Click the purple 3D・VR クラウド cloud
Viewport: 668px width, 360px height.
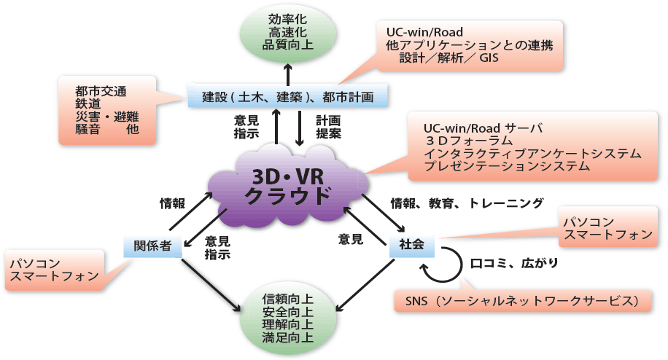click(288, 187)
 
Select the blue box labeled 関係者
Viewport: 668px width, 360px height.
click(152, 246)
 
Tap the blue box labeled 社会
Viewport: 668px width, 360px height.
click(411, 245)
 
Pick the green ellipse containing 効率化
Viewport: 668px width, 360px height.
click(288, 32)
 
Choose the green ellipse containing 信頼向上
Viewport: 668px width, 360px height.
click(288, 318)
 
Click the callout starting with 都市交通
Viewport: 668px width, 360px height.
click(107, 110)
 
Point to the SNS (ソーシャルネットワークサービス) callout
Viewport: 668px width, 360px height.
click(523, 301)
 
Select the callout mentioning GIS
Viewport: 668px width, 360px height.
click(470, 45)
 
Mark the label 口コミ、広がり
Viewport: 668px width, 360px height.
click(514, 264)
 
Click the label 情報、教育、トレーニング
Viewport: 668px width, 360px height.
click(467, 203)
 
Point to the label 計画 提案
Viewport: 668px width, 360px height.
click(328, 127)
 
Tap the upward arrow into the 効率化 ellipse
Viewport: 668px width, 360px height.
click(288, 74)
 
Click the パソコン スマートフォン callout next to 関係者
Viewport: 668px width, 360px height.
click(55, 270)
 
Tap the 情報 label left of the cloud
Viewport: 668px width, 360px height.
click(172, 203)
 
